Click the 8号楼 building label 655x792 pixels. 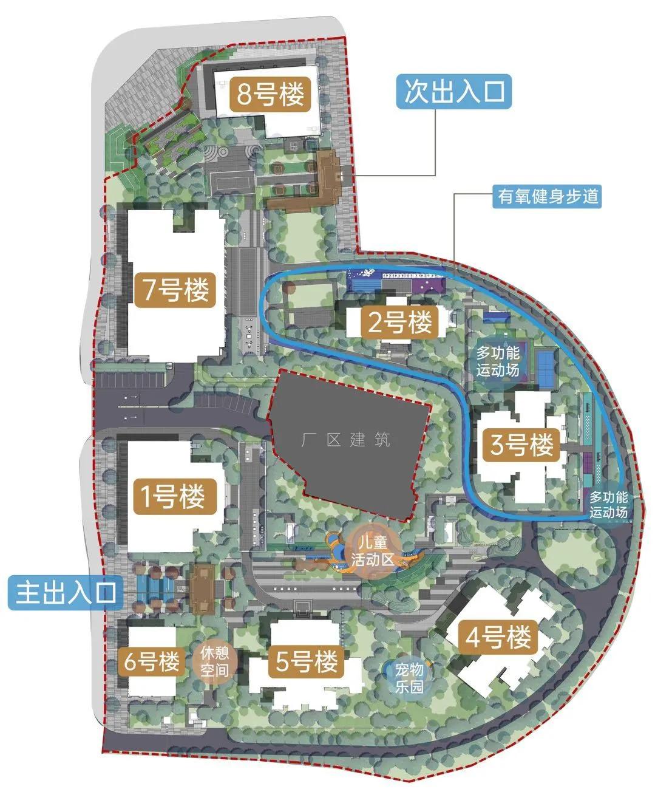click(x=270, y=95)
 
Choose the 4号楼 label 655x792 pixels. click(x=498, y=638)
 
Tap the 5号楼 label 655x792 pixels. click(x=307, y=661)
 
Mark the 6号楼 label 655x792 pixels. click(x=152, y=661)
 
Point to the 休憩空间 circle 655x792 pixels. click(x=214, y=662)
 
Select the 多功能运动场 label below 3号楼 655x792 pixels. click(x=608, y=504)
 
